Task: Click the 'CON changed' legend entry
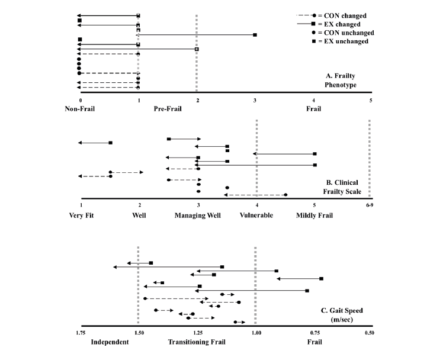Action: tap(331, 15)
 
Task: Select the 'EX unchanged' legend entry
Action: tap(340, 41)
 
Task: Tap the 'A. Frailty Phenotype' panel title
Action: tap(341, 80)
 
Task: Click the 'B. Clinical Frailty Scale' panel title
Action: tap(342, 187)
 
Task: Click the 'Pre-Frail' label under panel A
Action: tap(168, 109)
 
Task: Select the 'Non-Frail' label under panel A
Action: tap(80, 109)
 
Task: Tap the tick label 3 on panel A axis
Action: tap(255, 101)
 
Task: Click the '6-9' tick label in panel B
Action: tap(370, 205)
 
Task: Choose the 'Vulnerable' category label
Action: tap(256, 216)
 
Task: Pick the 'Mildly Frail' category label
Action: tap(315, 216)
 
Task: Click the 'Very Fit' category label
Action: tap(82, 216)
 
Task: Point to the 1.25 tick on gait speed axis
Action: tap(198, 333)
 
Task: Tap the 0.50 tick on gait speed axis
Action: tap(370, 333)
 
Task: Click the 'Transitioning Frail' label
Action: tap(197, 342)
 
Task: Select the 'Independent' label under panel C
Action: tap(110, 342)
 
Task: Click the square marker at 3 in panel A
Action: tap(255, 35)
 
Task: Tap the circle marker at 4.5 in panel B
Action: tap(285, 195)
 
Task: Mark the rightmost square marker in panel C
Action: tap(322, 278)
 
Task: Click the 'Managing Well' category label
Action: tap(198, 216)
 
